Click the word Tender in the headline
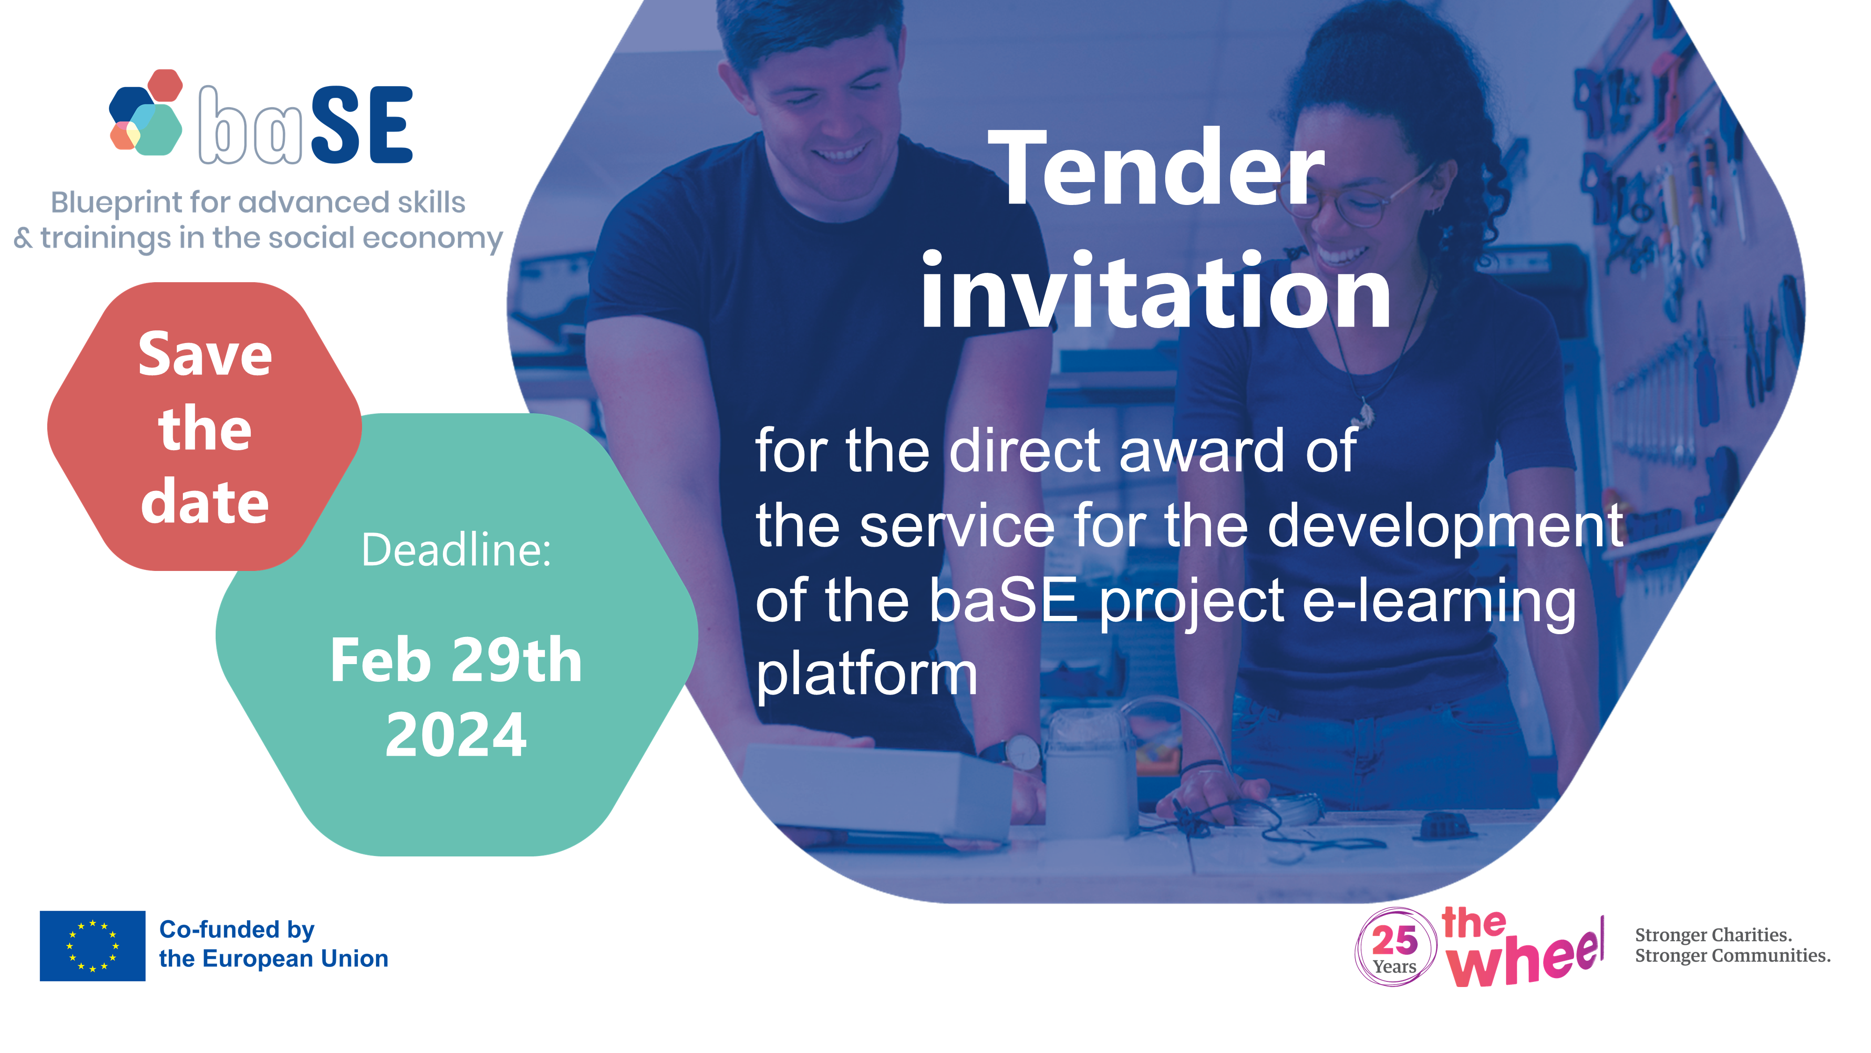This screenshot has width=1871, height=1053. coord(1155,168)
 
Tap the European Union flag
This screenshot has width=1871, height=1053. coord(92,945)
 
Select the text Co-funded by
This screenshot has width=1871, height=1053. coord(237,929)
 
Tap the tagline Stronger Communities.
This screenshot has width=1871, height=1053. coord(1732,956)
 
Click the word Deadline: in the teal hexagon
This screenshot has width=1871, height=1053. coord(456,549)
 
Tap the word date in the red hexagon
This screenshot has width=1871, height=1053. coord(205,501)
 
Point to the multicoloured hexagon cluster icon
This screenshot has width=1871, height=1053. coord(146,113)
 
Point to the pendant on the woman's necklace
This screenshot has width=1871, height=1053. coord(1363,414)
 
